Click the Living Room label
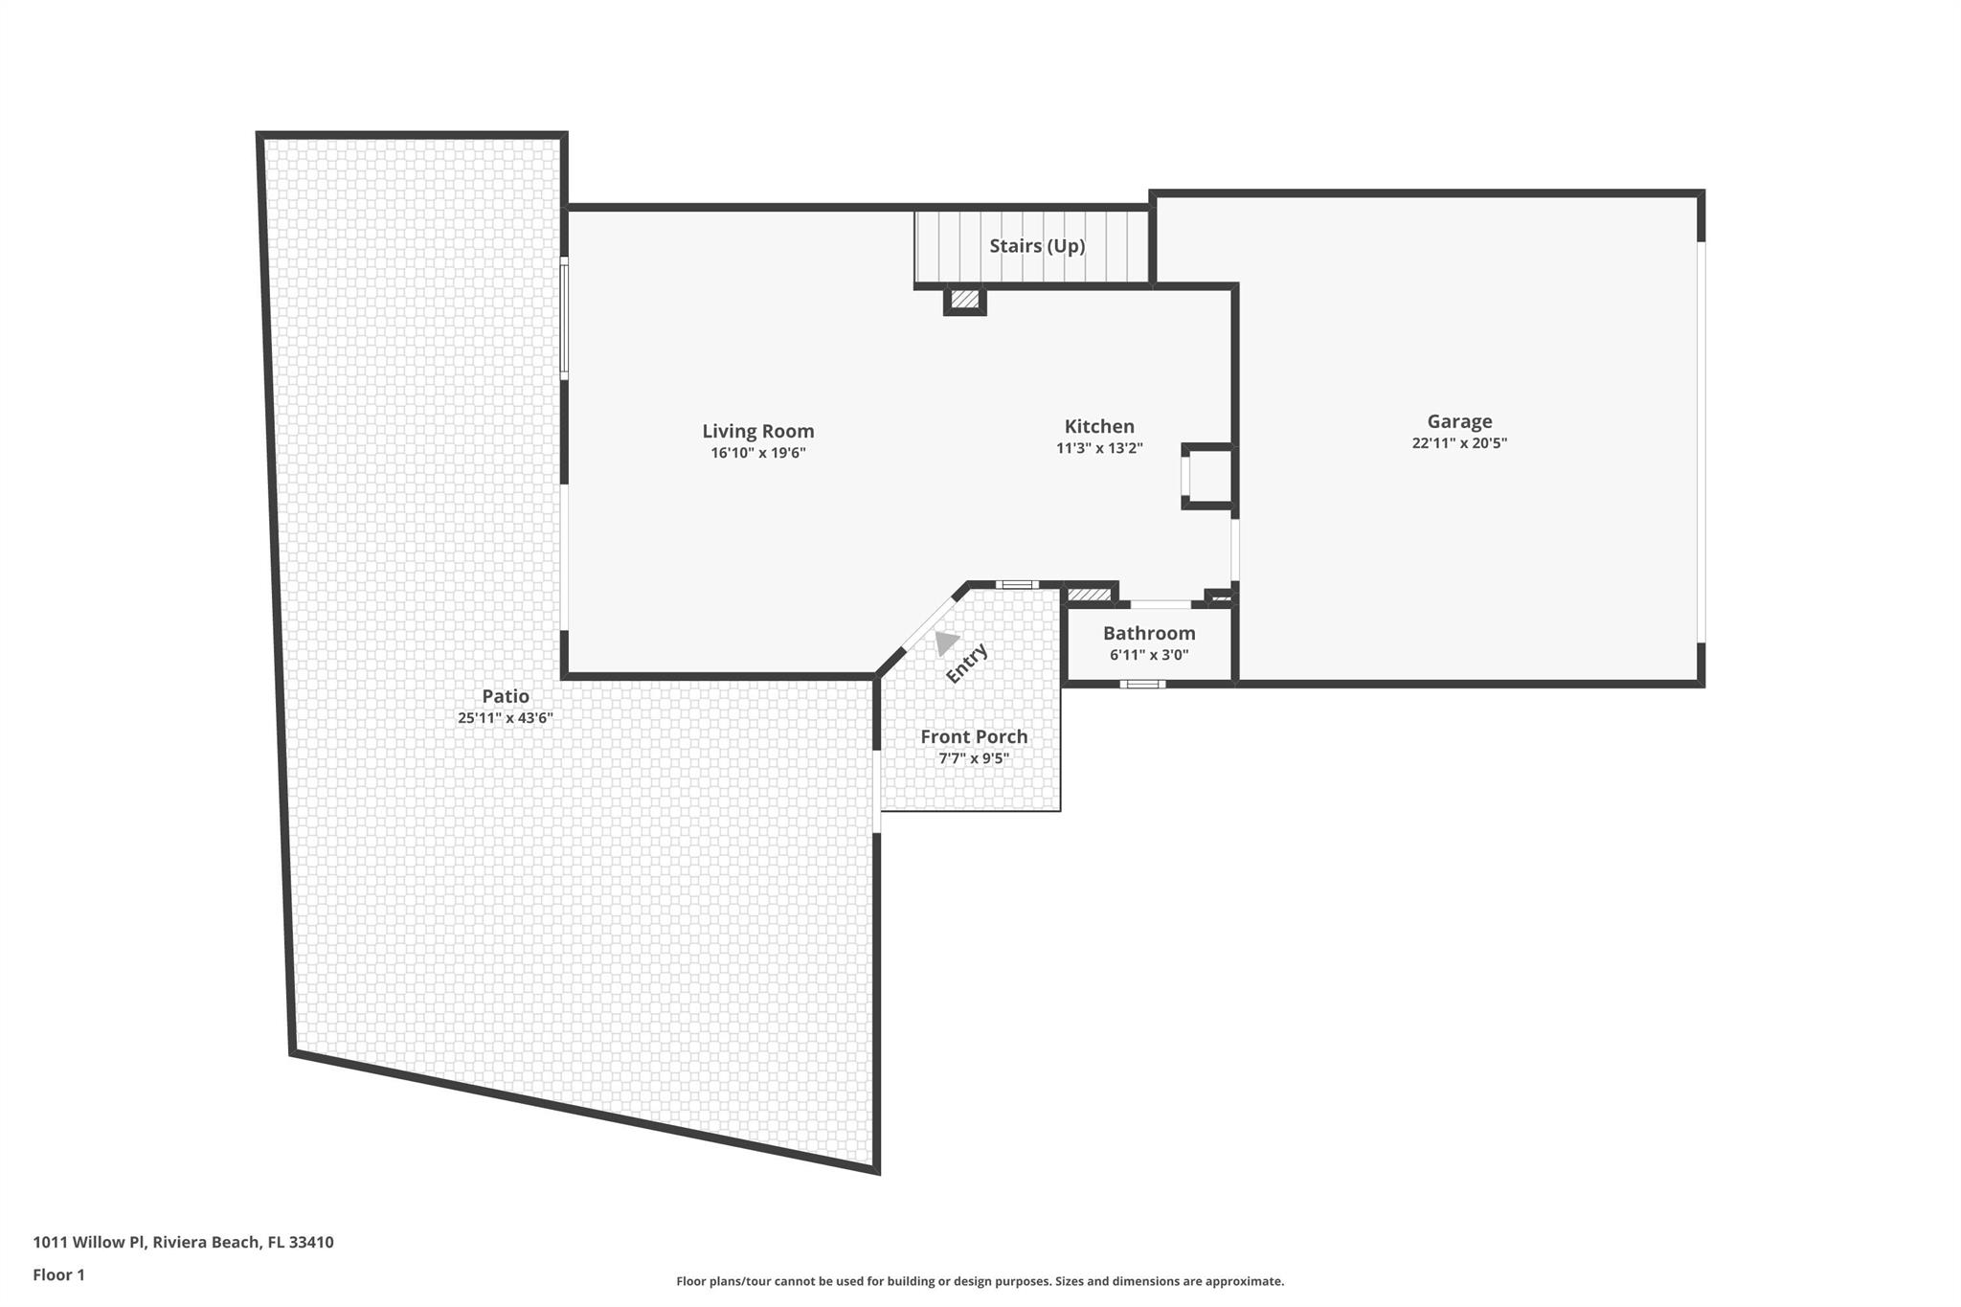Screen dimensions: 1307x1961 pos(757,432)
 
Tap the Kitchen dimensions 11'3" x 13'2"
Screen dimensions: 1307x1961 pos(1099,448)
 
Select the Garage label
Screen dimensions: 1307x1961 pos(1459,421)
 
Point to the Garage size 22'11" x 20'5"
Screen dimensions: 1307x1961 pos(1459,443)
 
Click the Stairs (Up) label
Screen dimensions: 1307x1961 pos(1037,246)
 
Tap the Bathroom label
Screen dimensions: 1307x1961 pos(1149,633)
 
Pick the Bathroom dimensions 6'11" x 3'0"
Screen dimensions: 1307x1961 pos(1149,655)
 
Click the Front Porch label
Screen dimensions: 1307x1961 pos(974,736)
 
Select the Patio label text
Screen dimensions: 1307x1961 pos(506,696)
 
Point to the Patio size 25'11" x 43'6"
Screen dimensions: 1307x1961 pos(506,718)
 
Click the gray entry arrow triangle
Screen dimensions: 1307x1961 pos(946,642)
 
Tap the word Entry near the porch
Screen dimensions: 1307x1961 pos(966,664)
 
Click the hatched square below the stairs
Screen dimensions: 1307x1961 pos(964,301)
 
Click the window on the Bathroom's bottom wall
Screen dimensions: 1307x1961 pos(1142,684)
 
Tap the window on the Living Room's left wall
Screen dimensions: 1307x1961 pos(564,319)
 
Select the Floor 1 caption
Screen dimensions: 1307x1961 pos(59,1274)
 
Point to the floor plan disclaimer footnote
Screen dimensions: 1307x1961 pos(980,1281)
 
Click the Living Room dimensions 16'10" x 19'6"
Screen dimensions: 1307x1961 pos(757,453)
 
